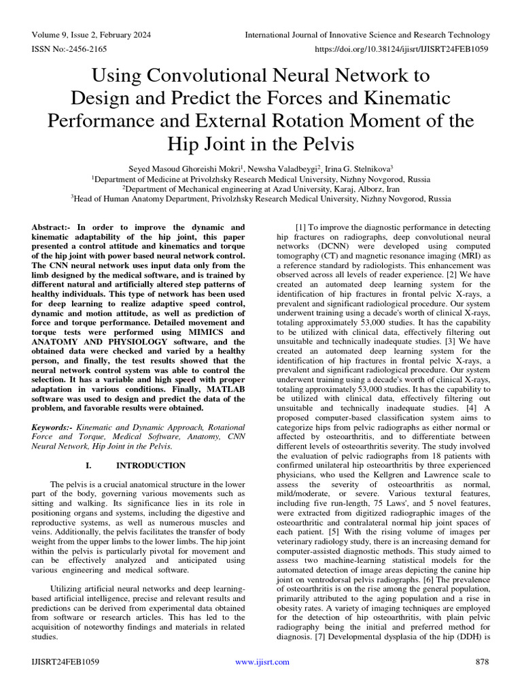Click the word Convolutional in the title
coord(237,74)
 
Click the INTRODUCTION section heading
coord(151,466)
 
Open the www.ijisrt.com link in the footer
coord(262,662)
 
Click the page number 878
coord(483,662)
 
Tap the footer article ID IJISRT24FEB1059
coord(66,662)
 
